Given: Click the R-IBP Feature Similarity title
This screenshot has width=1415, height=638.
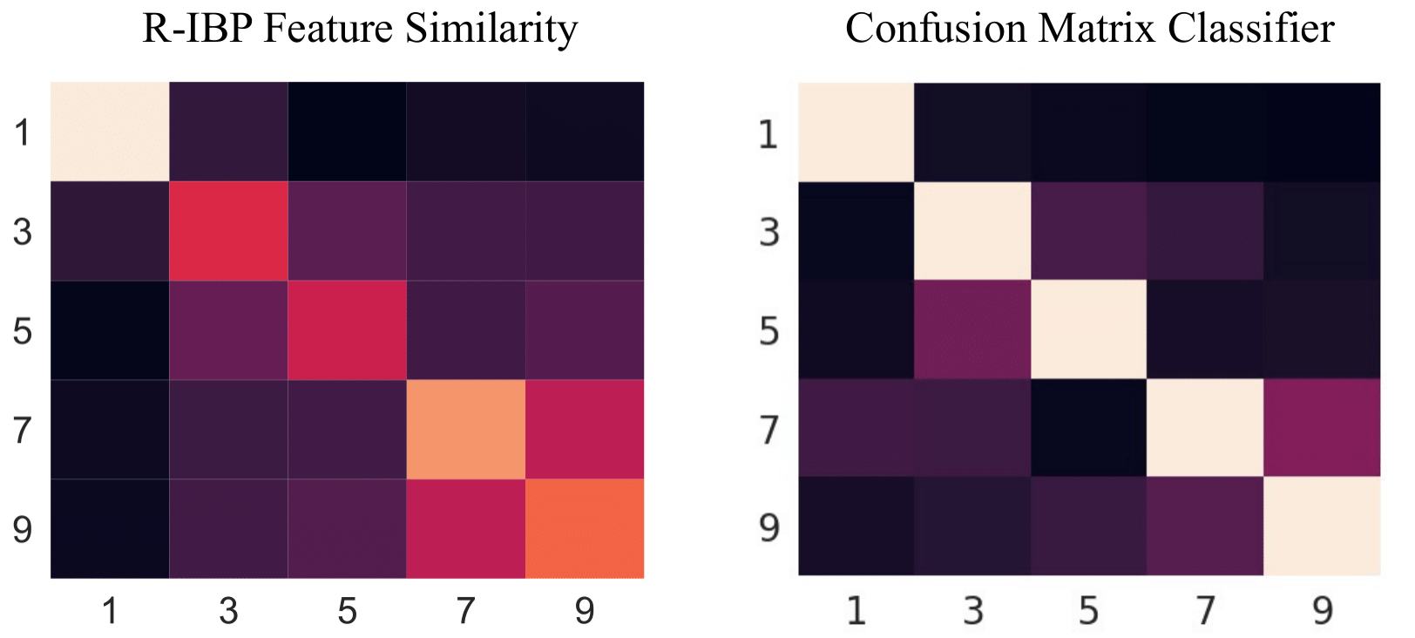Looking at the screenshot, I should point(360,28).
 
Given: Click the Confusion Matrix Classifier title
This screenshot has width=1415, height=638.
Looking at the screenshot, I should point(1089,28).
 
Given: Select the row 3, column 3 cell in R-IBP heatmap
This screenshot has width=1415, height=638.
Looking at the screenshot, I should point(228,231).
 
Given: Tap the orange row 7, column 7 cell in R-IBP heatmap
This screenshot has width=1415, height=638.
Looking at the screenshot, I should point(466,429).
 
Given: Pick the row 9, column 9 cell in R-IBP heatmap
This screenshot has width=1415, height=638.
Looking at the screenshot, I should point(585,528).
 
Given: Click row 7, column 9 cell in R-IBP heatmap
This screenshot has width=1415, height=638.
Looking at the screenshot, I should point(585,429).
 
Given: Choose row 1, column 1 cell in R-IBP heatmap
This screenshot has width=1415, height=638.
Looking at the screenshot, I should point(110,132).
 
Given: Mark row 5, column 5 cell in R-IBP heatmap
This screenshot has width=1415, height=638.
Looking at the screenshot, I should point(347,330).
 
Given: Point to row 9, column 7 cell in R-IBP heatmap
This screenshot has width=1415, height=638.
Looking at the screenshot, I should point(466,528).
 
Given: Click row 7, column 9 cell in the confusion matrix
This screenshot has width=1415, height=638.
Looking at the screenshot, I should point(1322,428).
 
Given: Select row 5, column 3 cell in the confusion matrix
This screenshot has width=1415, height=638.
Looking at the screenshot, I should point(972,329).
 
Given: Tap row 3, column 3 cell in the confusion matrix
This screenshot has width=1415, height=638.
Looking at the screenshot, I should point(972,231).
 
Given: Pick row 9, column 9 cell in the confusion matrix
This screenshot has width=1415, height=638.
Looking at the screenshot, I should point(1322,526).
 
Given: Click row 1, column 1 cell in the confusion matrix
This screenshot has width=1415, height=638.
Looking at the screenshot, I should point(856,132).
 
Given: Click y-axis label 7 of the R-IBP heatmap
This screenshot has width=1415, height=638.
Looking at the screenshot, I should point(22,430).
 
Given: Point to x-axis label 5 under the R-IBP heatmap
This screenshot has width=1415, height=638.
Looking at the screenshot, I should point(347,611).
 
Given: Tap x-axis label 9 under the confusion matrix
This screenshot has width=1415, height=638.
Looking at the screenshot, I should point(1322,610).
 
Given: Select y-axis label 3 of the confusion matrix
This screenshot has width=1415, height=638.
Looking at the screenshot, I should point(768,232).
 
